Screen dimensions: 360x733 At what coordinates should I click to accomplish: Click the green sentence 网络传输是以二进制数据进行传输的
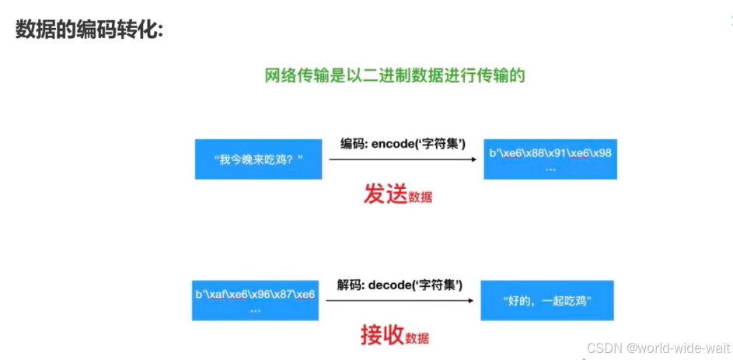[395, 75]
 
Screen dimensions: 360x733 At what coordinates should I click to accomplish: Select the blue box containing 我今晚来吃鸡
[258, 159]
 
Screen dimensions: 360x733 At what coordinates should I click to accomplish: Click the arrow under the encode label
[402, 159]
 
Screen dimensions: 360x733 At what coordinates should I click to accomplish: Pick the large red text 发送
[385, 194]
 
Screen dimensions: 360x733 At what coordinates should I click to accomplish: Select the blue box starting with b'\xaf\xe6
[254, 299]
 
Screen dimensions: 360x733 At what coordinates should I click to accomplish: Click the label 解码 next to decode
[350, 285]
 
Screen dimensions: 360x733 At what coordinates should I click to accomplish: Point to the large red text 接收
[381, 335]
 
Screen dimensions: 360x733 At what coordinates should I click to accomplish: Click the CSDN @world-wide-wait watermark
[658, 346]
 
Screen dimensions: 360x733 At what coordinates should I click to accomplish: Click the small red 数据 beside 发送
[420, 197]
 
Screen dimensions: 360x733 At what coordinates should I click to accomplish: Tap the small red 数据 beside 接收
[417, 338]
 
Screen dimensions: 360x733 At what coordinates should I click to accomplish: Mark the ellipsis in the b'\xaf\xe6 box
[254, 309]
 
